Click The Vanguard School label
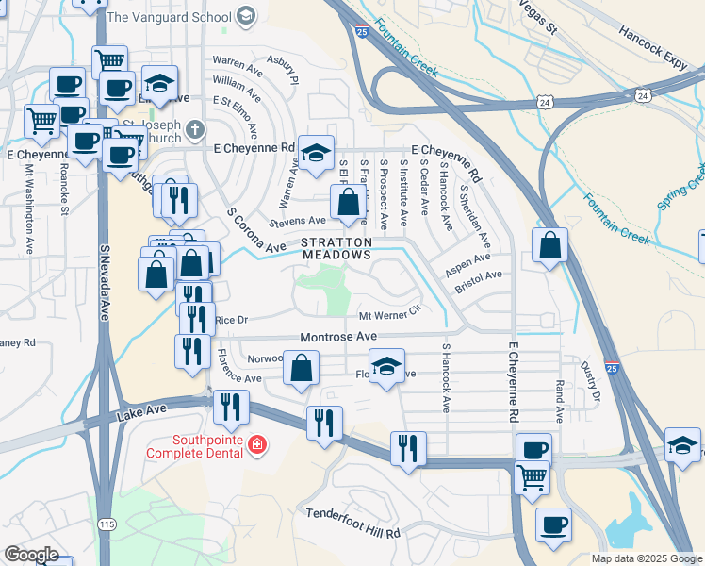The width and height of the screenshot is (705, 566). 170,16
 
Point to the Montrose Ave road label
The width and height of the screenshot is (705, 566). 338,337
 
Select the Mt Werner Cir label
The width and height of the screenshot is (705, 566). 388,315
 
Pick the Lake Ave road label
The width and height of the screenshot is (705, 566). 142,411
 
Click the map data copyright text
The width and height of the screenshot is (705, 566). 647,558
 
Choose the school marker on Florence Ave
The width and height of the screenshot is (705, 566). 385,366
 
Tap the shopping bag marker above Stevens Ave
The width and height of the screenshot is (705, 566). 348,201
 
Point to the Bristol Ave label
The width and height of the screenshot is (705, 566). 479,275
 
